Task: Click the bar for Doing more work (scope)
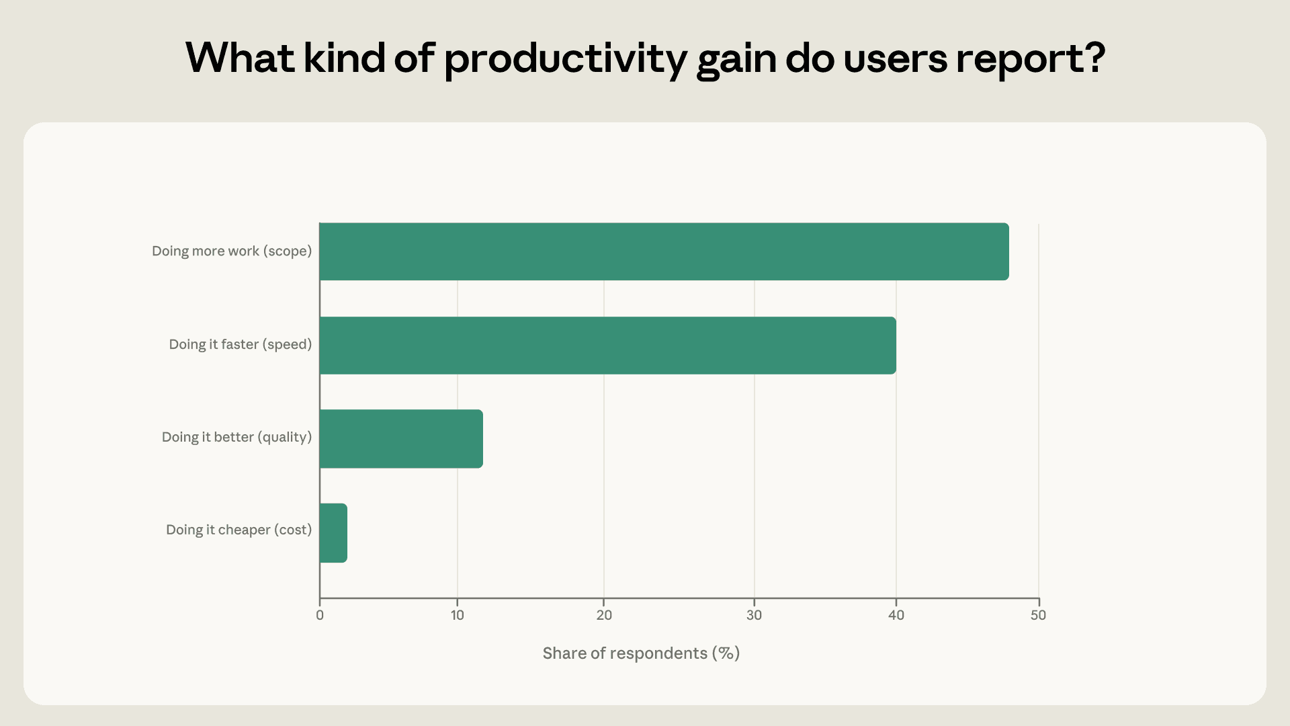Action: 664,251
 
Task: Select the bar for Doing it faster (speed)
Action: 608,345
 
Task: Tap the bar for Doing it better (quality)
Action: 401,438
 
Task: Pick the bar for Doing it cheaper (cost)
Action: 333,532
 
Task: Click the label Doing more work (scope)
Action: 232,251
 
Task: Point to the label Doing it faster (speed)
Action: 241,345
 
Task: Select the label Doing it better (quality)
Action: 237,438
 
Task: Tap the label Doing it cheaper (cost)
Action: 239,530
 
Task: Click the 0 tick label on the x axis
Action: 320,615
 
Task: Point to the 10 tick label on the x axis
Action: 458,615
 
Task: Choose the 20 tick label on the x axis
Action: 604,615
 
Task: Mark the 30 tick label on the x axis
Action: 755,615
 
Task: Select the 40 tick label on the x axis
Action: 896,615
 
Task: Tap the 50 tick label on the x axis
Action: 1039,615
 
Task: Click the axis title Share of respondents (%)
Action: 641,653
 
